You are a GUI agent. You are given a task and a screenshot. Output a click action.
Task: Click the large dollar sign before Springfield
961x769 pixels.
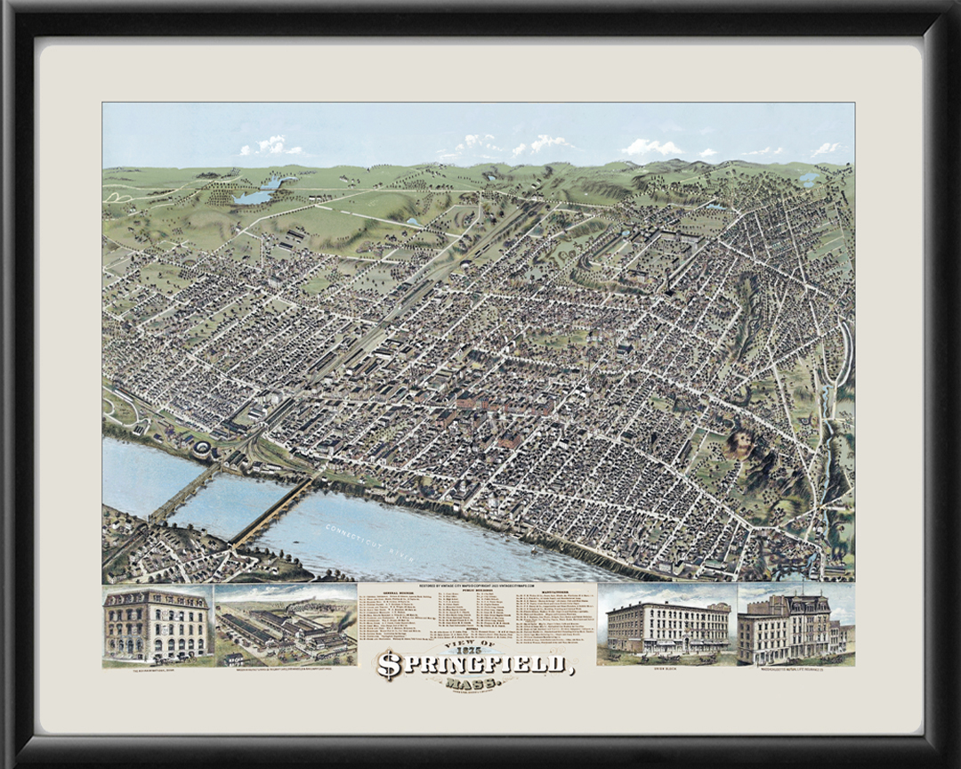[389, 665]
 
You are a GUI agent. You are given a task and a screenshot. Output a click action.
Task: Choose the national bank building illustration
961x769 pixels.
[157, 624]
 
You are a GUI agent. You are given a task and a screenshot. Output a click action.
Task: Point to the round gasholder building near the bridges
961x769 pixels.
[203, 447]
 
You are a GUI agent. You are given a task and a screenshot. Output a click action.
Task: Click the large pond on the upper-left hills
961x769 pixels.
[254, 197]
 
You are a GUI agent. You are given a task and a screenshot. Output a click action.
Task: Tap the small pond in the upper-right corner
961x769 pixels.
[808, 179]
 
